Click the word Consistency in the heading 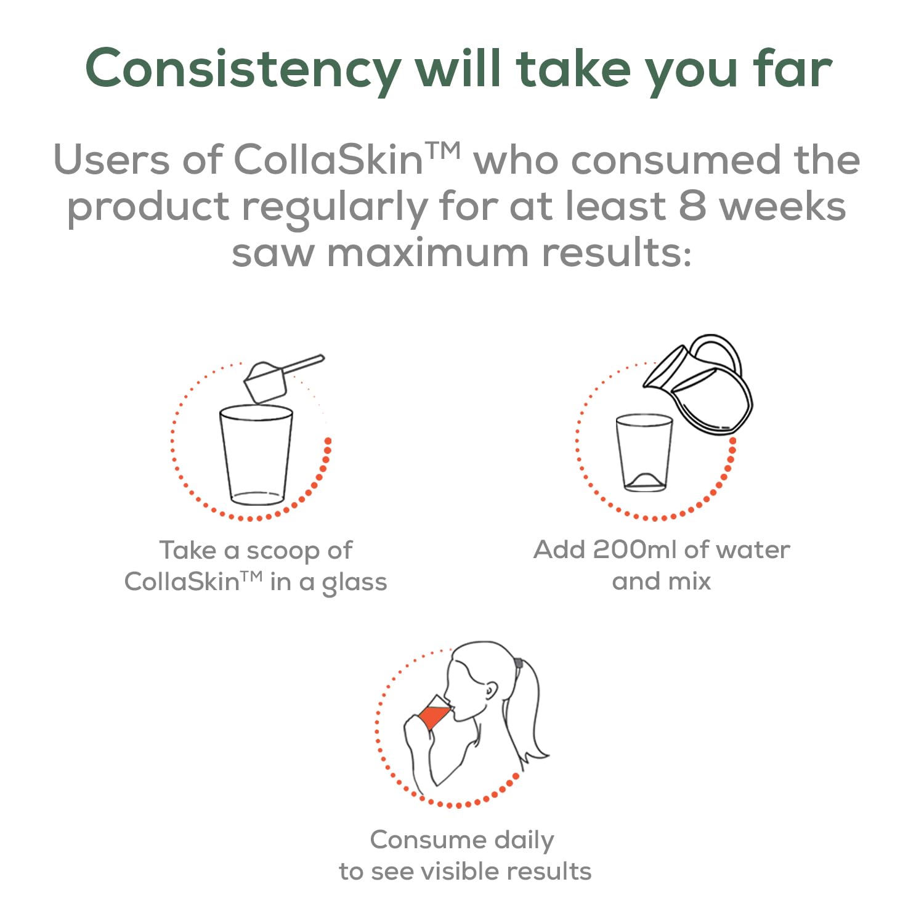tap(243, 70)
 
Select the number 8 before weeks tap(692, 206)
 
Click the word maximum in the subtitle tap(428, 253)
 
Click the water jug tap(699, 385)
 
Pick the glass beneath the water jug tap(644, 453)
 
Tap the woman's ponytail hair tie tap(518, 665)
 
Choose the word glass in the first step tap(354, 583)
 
